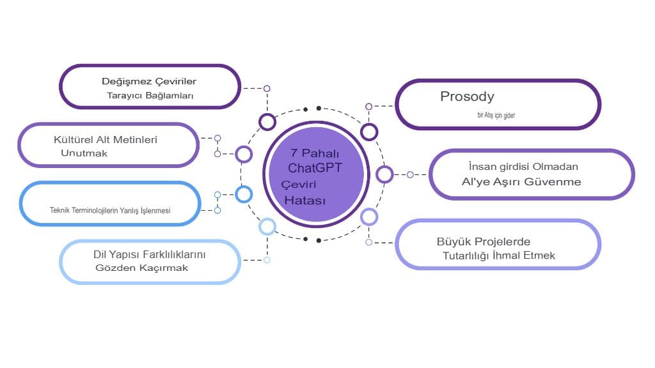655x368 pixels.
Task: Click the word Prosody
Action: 467,97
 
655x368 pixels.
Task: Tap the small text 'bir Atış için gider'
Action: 496,116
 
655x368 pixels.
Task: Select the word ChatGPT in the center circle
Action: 315,169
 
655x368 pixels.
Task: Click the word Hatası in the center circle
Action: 305,201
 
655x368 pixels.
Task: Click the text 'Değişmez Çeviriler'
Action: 148,82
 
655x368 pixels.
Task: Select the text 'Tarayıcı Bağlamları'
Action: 150,96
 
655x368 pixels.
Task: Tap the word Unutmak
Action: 84,153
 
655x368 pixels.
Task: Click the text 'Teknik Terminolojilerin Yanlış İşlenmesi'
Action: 110,210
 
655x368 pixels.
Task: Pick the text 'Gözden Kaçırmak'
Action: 141,268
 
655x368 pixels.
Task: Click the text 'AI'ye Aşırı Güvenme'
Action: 521,181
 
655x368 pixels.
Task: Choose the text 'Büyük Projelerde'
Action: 484,241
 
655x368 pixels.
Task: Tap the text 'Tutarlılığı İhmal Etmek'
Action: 499,256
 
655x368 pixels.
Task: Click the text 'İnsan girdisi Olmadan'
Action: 523,167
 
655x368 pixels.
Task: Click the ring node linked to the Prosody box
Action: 369,132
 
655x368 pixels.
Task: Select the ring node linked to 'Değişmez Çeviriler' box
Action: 267,121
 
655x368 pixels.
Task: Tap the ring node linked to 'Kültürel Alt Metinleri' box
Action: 244,154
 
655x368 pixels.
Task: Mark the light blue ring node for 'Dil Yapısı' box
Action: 267,226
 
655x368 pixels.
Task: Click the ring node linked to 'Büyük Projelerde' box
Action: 369,217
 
